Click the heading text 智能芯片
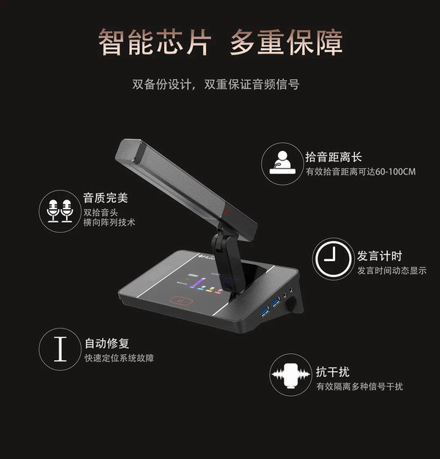click(155, 43)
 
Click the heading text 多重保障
click(286, 43)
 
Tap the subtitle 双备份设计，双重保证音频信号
click(216, 84)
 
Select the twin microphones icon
click(60, 211)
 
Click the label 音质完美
click(106, 198)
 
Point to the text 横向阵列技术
click(109, 222)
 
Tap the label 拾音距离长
click(334, 157)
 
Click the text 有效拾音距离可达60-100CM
click(361, 172)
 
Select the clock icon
click(333, 259)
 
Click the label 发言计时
click(379, 256)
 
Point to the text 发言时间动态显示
click(392, 271)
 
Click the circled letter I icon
click(60, 349)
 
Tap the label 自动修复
click(107, 343)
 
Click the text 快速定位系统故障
click(119, 358)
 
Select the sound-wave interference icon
click(290, 375)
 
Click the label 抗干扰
click(332, 372)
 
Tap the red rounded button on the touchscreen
click(182, 301)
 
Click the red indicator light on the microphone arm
click(226, 211)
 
